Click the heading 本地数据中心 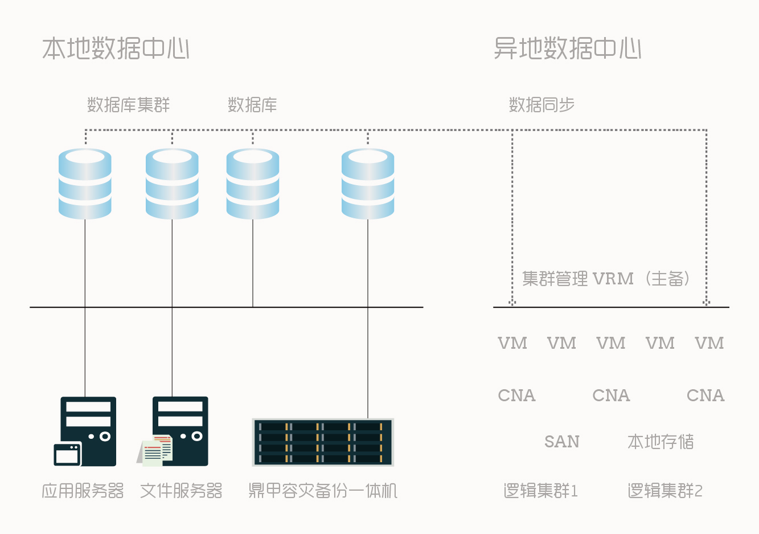116,48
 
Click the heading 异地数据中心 568,48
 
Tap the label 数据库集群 129,105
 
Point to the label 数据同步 541,105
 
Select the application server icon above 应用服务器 88,431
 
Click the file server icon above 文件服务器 180,431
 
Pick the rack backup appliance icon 323,442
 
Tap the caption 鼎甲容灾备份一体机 323,491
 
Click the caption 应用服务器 83,491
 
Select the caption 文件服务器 181,491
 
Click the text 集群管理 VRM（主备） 607,279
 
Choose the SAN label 562,442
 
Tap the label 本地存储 660,442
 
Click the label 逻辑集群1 541,491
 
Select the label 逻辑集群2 665,491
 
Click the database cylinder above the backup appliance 368,184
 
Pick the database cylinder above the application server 85,184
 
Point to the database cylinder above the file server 172,184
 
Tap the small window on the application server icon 67,454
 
